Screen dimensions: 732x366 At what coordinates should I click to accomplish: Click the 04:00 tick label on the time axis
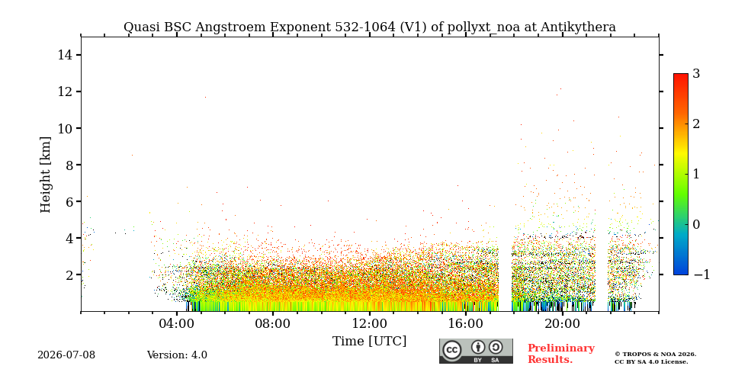(x=177, y=324)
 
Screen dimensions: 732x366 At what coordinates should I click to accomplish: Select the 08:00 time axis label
(x=273, y=324)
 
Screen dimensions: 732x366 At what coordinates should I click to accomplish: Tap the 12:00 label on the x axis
(x=370, y=324)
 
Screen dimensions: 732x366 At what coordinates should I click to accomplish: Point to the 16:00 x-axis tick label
(x=466, y=324)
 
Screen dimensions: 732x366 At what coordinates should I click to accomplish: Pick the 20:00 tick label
(x=562, y=324)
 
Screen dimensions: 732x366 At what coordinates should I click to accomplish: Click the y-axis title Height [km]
(x=45, y=175)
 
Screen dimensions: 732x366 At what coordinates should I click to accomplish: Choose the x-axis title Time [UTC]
(x=369, y=342)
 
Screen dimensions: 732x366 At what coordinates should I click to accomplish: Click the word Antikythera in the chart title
(x=579, y=27)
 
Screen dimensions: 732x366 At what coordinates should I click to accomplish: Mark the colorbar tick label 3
(x=696, y=74)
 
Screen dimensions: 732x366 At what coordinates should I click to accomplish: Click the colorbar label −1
(x=701, y=274)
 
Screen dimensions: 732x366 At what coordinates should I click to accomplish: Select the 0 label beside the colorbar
(x=696, y=224)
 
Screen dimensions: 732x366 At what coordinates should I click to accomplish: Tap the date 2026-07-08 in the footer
(x=66, y=355)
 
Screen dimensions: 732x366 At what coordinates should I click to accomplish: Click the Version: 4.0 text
(x=177, y=355)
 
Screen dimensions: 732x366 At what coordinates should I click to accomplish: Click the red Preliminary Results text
(x=561, y=354)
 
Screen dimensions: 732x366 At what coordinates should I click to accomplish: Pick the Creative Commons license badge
(x=476, y=351)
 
